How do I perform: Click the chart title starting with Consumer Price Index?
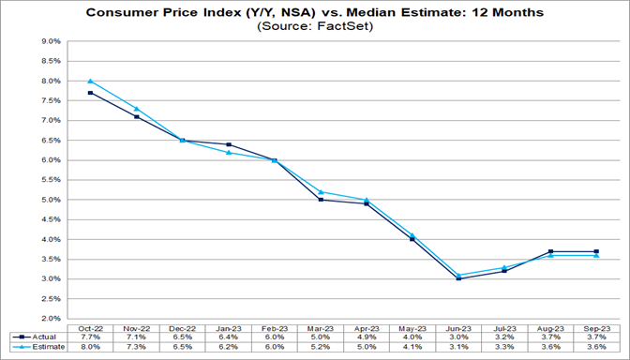tap(314, 13)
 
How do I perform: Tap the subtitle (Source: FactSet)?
tap(314, 28)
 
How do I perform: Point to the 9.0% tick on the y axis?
tap(48, 41)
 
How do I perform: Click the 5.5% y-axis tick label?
tap(48, 180)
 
